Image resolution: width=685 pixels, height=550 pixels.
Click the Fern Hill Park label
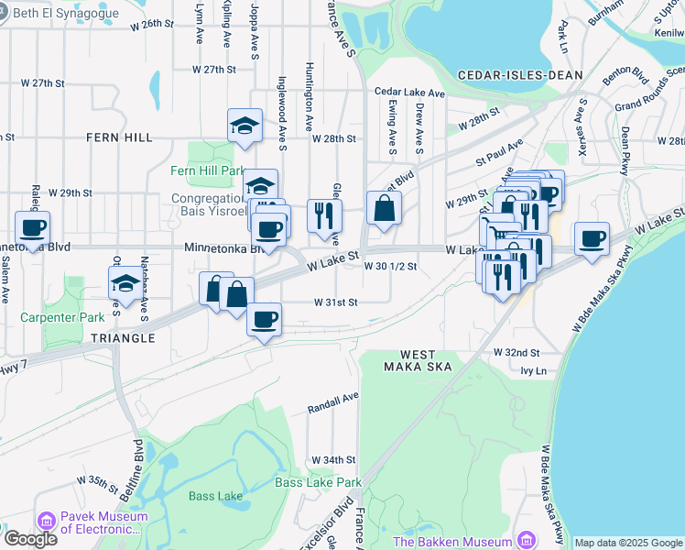pyautogui.click(x=207, y=170)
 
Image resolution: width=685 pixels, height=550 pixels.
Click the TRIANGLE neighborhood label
pyautogui.click(x=124, y=338)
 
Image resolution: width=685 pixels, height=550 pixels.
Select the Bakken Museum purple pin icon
pyautogui.click(x=525, y=541)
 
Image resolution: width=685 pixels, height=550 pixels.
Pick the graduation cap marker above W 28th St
pyautogui.click(x=245, y=126)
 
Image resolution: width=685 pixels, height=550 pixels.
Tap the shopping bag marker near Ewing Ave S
pyautogui.click(x=384, y=208)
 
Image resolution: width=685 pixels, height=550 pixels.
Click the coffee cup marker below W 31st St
pyautogui.click(x=264, y=320)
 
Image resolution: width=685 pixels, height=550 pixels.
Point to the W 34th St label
pyautogui.click(x=332, y=459)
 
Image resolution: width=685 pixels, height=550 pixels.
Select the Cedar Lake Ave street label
pyautogui.click(x=408, y=93)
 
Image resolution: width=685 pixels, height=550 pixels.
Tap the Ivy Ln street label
pyautogui.click(x=532, y=371)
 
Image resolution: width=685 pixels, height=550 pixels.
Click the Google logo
pyautogui.click(x=29, y=539)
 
